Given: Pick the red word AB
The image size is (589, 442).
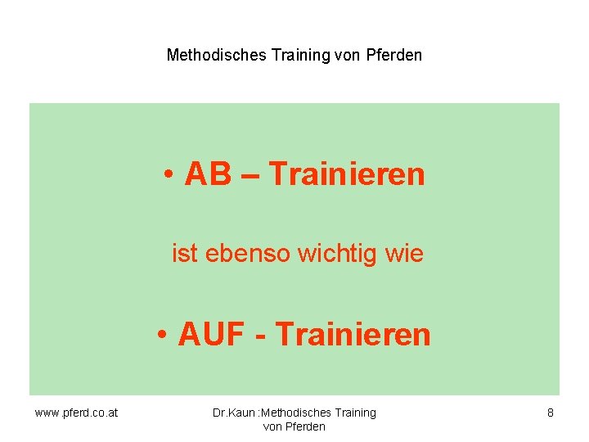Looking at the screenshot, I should pyautogui.click(x=209, y=174).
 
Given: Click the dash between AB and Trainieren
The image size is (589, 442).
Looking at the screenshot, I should pyautogui.click(x=250, y=175).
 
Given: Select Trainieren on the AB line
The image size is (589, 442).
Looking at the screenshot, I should pyautogui.click(x=347, y=174).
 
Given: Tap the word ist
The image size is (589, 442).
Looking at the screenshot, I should pyautogui.click(x=184, y=254).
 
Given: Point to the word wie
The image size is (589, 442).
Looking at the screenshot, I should pyautogui.click(x=403, y=254).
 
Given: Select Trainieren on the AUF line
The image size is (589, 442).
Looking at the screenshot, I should pyautogui.click(x=353, y=335).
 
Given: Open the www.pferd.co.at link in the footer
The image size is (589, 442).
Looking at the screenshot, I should pyautogui.click(x=76, y=413).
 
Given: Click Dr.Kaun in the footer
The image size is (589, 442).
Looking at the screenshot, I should pyautogui.click(x=233, y=413).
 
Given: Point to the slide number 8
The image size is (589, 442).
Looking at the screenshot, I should pyautogui.click(x=551, y=413).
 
